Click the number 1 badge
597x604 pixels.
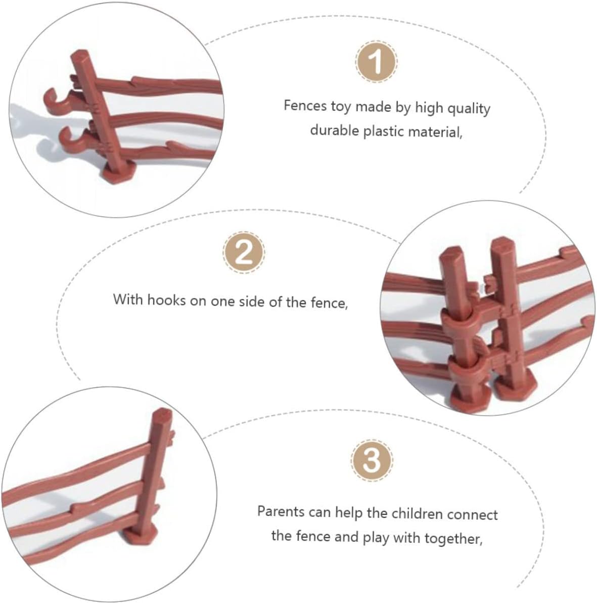pos(376,62)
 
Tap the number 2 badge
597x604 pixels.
pos(244,253)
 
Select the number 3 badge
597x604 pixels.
pos(372,460)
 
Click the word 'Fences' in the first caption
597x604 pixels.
pos(305,106)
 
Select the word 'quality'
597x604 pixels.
pos(469,109)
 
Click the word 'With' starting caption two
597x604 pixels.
pos(128,299)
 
